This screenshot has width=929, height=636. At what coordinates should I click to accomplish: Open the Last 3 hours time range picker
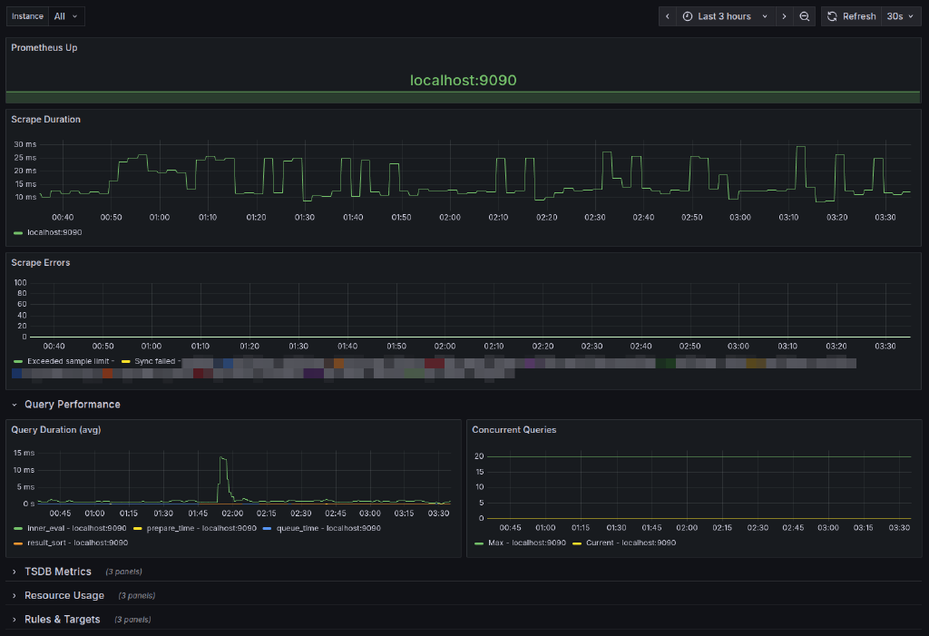723,16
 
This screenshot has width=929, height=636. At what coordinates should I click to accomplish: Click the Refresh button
851,16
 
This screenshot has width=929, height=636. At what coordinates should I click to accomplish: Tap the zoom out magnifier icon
805,16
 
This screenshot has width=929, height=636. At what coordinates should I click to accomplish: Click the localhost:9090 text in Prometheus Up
464,81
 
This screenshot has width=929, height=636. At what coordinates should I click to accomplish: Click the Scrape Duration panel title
45,119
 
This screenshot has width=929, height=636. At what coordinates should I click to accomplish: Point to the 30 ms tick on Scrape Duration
24,144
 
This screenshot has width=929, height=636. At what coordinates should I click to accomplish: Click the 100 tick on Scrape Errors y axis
20,283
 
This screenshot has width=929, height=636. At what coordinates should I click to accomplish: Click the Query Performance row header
72,405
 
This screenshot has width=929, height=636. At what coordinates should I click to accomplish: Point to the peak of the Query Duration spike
222,457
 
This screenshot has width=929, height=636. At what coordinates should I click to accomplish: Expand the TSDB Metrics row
57,572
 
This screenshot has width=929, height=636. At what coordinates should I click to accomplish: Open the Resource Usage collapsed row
64,595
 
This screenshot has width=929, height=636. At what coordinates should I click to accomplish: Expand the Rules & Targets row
62,620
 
